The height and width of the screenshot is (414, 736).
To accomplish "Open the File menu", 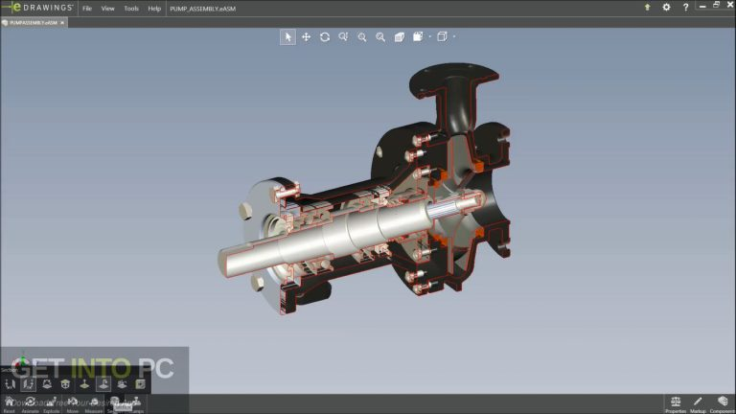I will click(87, 8).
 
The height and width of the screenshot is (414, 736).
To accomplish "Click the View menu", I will click(108, 8).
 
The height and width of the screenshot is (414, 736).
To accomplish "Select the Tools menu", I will click(131, 8).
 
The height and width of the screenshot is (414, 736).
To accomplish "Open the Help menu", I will click(154, 8).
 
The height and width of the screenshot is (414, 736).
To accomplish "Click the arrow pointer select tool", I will click(287, 36).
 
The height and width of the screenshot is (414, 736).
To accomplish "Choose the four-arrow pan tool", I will click(307, 36).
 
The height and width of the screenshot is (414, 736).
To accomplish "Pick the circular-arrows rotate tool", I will click(325, 36).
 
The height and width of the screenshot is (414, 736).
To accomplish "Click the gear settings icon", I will click(666, 7).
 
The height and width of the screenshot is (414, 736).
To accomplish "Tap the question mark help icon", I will click(684, 7).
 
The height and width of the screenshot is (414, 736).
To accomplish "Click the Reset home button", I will click(9, 402).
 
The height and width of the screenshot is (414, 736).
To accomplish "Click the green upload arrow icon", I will click(647, 7).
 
